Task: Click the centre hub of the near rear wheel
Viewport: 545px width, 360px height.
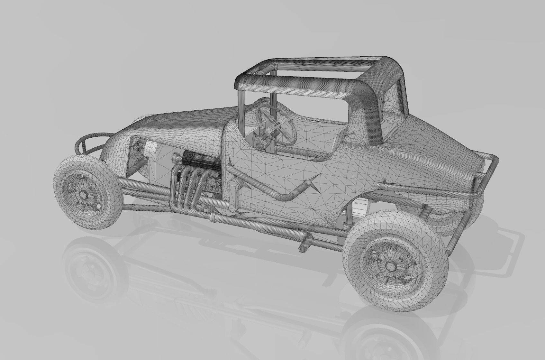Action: pos(391,266)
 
